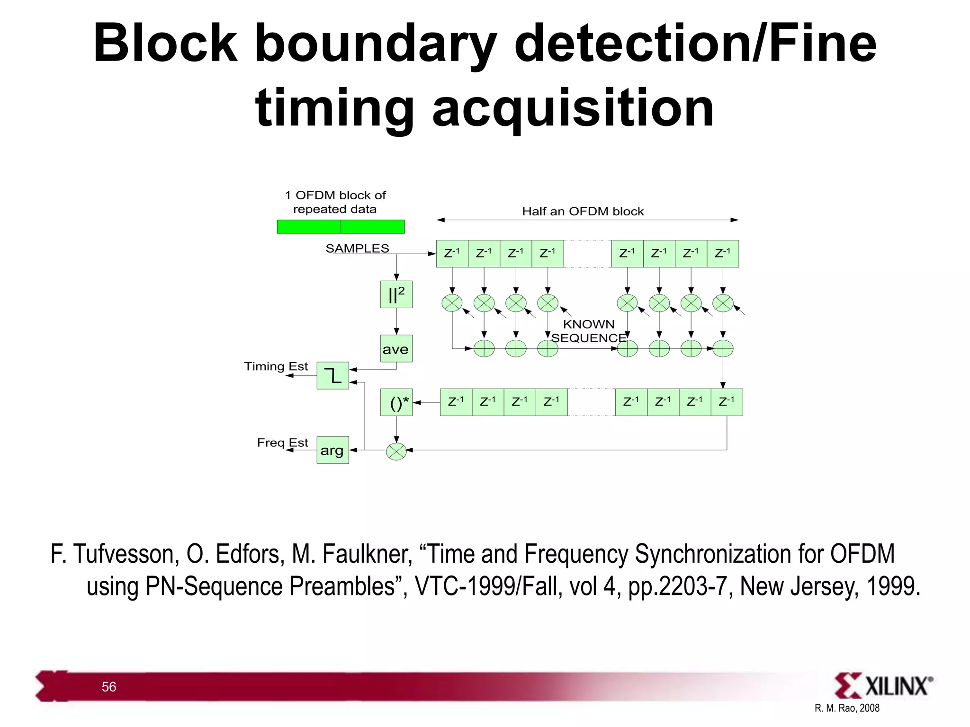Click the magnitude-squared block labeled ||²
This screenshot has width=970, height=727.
point(396,294)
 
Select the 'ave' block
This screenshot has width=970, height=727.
point(396,349)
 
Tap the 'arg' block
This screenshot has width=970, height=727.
point(332,450)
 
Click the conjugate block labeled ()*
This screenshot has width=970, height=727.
point(396,402)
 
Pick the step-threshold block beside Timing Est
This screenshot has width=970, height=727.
point(332,376)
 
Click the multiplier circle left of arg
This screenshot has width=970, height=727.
point(396,451)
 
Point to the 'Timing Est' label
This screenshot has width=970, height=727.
point(276,366)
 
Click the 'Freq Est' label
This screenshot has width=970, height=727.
point(282,443)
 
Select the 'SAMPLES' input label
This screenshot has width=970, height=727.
point(357,248)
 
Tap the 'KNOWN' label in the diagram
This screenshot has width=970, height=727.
point(589,324)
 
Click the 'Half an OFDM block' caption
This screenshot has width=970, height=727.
point(583,212)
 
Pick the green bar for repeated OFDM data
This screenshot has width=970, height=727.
point(341,227)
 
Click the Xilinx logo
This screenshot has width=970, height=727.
point(883,685)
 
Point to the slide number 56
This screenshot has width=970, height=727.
point(109,687)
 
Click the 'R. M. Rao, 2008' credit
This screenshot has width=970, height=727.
point(847,708)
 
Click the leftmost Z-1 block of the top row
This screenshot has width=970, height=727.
point(452,254)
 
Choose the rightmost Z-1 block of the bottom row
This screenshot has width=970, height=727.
point(727,402)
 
